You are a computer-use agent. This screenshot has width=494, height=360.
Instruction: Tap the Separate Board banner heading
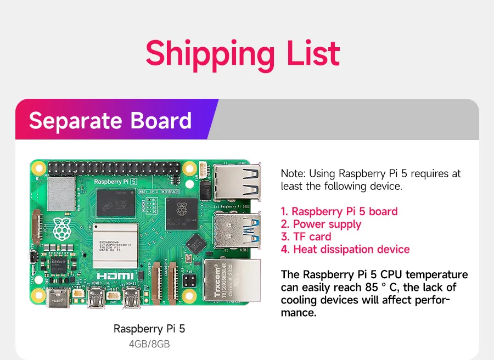pos(110,120)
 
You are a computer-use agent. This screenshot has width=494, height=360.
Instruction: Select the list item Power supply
pos(327,224)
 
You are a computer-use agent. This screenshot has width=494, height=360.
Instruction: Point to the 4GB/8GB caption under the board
pos(149,344)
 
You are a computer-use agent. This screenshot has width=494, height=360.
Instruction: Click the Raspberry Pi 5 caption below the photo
pos(149,329)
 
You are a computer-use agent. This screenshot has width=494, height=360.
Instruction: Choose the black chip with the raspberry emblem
pos(179,211)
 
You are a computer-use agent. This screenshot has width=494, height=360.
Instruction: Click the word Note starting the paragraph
pos(293,173)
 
